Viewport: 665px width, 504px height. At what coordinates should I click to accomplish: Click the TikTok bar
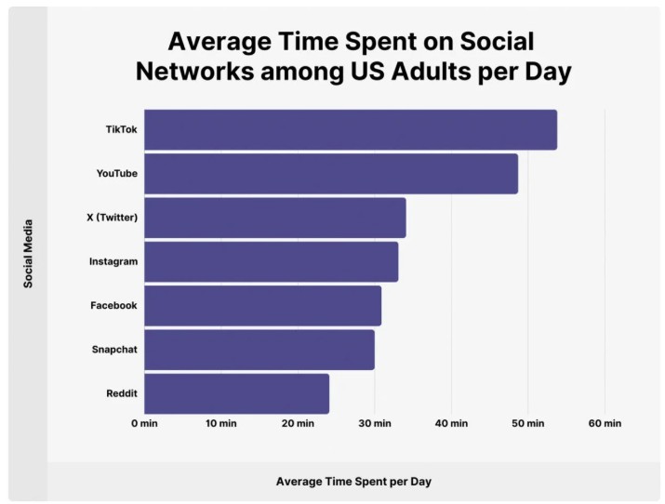pyautogui.click(x=351, y=129)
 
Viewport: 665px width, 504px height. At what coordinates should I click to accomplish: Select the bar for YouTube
pyautogui.click(x=331, y=174)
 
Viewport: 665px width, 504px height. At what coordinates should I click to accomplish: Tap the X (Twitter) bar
pyautogui.click(x=275, y=218)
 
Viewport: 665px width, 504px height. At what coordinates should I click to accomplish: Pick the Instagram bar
pyautogui.click(x=272, y=261)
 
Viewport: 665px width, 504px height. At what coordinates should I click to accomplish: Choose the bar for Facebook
pyautogui.click(x=263, y=306)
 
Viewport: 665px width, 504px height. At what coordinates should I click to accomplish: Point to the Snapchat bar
pyautogui.click(x=259, y=350)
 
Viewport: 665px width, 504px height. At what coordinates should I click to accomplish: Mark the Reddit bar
pyautogui.click(x=237, y=393)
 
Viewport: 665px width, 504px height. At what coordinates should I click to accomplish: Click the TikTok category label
pyautogui.click(x=121, y=129)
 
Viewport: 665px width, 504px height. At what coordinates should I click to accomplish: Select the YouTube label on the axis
pyautogui.click(x=116, y=174)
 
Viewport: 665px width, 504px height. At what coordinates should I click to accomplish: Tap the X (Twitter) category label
pyautogui.click(x=112, y=218)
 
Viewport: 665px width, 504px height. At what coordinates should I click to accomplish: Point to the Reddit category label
pyautogui.click(x=122, y=393)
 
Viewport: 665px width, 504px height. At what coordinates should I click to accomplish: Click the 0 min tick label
pyautogui.click(x=145, y=424)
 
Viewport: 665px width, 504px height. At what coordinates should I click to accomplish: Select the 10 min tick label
pyautogui.click(x=221, y=424)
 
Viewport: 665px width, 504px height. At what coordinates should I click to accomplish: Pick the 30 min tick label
pyautogui.click(x=375, y=424)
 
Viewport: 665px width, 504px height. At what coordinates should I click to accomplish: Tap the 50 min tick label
pyautogui.click(x=528, y=424)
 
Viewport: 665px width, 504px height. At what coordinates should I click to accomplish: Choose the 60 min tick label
pyautogui.click(x=605, y=424)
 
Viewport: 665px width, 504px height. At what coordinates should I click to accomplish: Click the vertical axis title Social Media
pyautogui.click(x=28, y=253)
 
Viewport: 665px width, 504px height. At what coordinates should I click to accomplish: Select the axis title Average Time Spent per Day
pyautogui.click(x=353, y=482)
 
